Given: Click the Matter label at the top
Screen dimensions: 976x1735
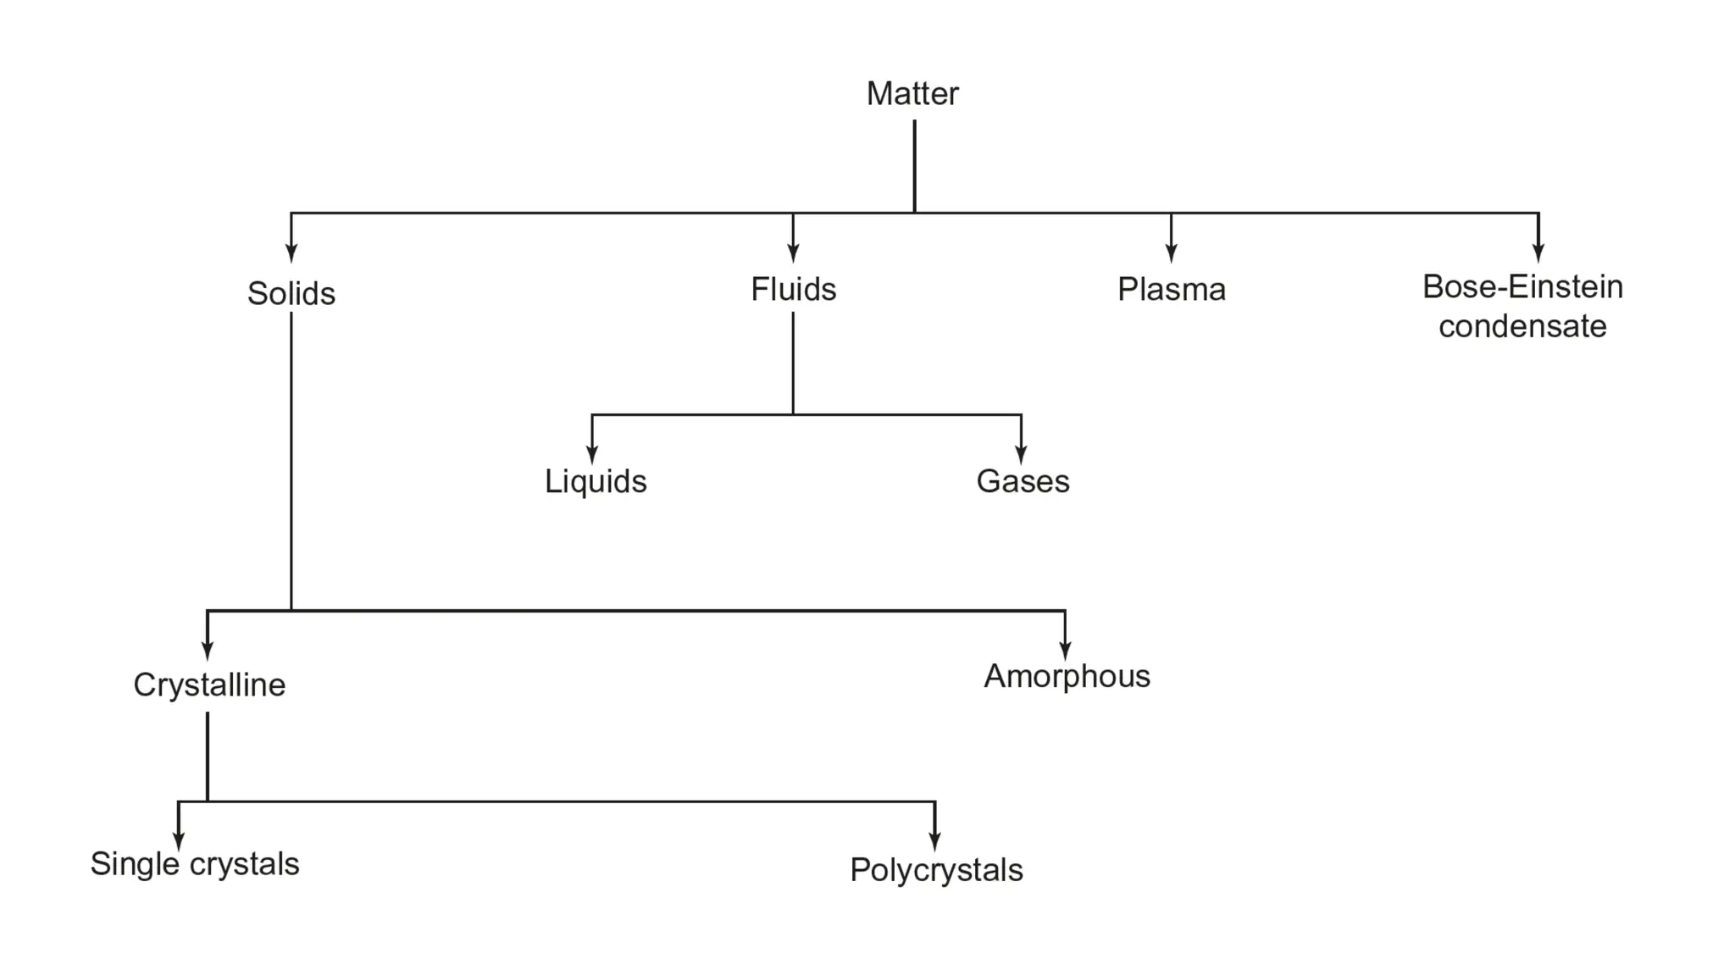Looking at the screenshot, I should (912, 94).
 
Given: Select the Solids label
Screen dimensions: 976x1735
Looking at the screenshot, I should (291, 294).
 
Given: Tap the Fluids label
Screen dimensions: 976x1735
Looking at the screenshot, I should (793, 290).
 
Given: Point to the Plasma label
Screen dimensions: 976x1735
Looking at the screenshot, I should (1171, 290).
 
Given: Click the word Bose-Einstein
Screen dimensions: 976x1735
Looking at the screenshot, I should (1522, 287).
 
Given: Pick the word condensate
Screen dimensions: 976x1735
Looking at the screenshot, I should (1522, 326).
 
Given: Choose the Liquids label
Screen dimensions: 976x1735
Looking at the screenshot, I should (596, 481).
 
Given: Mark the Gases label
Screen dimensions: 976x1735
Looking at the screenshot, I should (1023, 481).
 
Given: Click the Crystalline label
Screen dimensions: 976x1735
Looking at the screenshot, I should (209, 685).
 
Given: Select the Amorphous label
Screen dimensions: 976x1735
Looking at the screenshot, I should (1067, 676).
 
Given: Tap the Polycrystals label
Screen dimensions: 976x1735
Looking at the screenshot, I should (936, 870).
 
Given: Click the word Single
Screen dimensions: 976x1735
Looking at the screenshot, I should (135, 864).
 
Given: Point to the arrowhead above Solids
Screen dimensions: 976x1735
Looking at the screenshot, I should (291, 252).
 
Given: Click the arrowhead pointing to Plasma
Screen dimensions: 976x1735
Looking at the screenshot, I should (1171, 252).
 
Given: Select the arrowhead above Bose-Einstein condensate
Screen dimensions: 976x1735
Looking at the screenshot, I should (1538, 252).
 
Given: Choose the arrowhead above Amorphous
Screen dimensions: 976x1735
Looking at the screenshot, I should (1065, 650).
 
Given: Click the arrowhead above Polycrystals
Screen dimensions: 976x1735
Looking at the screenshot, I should (934, 841).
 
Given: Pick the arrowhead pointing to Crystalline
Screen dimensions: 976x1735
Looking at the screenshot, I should (208, 650).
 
